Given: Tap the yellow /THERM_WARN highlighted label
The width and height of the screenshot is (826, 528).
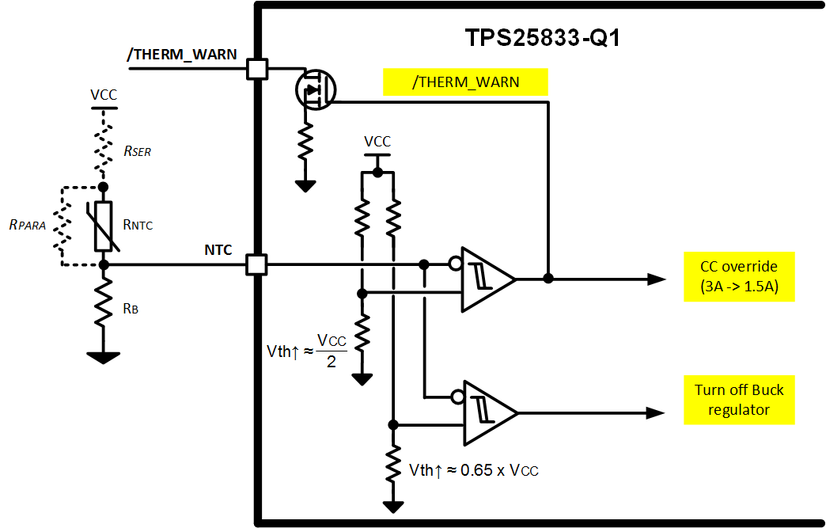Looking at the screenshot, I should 465,82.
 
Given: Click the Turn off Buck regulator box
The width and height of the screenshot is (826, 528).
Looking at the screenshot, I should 739,400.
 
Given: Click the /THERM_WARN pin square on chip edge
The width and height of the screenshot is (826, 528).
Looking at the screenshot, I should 256,69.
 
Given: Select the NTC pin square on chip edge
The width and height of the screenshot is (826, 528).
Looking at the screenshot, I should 256,264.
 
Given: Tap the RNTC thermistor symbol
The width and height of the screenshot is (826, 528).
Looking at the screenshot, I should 104,226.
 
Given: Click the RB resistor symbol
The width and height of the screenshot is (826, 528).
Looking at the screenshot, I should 104,308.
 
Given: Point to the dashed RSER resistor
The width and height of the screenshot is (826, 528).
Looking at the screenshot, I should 104,146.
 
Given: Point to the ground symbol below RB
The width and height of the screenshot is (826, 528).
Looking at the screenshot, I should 104,358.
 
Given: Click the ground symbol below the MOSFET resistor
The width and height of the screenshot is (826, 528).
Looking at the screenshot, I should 305,186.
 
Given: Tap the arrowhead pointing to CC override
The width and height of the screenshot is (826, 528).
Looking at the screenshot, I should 655,279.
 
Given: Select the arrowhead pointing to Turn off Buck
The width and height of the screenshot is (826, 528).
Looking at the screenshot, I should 655,412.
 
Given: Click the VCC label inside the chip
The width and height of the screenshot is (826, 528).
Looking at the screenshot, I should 377,142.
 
